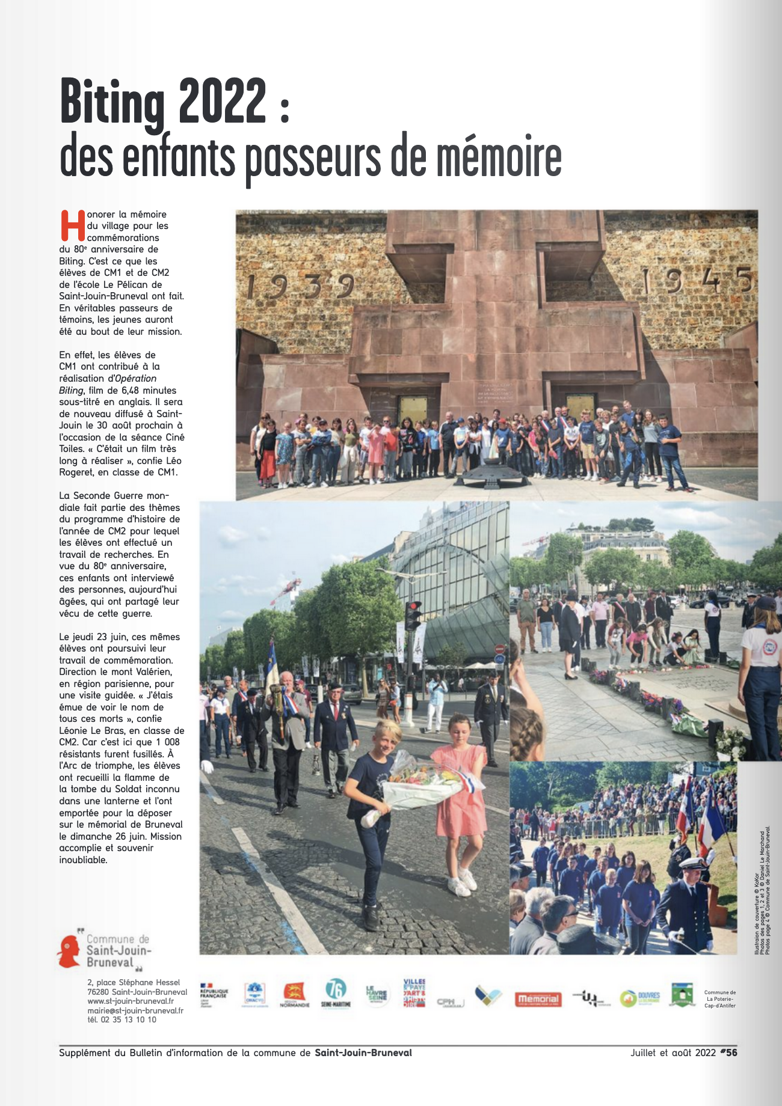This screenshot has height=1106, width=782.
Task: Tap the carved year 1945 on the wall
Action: pyautogui.click(x=698, y=281)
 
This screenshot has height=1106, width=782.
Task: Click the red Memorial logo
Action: pyautogui.click(x=539, y=998)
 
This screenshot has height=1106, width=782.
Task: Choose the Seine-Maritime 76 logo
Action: pyautogui.click(x=336, y=993)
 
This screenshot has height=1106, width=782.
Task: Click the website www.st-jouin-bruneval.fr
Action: pyautogui.click(x=131, y=1001)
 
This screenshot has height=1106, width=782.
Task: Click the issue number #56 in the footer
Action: pyautogui.click(x=728, y=1053)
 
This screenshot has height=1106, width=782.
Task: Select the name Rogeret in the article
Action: pyautogui.click(x=77, y=472)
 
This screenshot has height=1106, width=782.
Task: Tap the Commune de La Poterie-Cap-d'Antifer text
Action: pyautogui.click(x=720, y=998)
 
